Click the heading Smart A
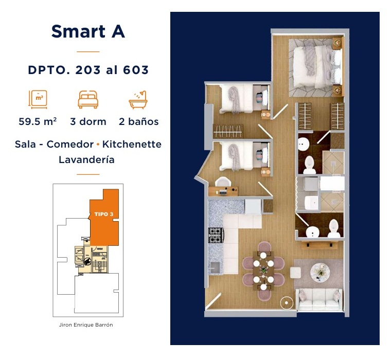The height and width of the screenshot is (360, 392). pos(88,31)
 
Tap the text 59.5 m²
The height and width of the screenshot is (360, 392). pos(38,121)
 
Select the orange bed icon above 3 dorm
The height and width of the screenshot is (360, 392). pos(88,99)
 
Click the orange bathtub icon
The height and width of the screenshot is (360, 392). pos(138,100)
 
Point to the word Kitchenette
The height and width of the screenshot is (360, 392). pos(132,144)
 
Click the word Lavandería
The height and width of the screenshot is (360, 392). pos(86,159)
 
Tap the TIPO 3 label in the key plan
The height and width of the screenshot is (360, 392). pos(104,214)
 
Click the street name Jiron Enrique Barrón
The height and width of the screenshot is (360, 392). pos(86,325)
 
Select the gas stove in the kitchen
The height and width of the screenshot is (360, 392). pos(216,235)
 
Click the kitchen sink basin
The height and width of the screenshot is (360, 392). pos(215,267)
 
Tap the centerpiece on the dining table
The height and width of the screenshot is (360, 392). pos(263,270)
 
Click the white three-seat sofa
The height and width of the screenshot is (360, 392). pos(319,299)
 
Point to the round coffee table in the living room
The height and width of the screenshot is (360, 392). pos(320,273)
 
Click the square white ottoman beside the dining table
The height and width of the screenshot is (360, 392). pos(295,273)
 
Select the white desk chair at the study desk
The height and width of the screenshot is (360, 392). pos(222,182)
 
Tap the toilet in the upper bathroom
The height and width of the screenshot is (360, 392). pos(310,165)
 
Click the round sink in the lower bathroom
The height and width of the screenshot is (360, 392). pos(312,232)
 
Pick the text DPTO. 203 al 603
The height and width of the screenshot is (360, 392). pos(88,70)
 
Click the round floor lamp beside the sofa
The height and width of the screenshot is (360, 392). pos(287,303)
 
